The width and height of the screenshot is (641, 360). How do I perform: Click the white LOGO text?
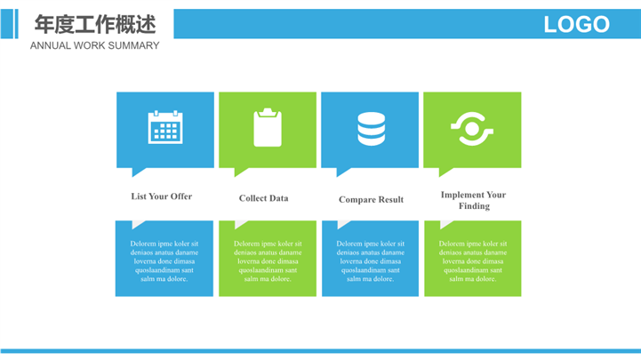coord(576,24)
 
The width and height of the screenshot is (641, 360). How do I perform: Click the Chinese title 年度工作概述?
coord(95,24)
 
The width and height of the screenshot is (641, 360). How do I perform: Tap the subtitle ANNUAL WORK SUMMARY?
coord(95,45)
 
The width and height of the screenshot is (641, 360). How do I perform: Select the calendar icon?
coord(165,127)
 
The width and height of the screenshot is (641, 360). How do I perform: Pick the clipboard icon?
coord(268,127)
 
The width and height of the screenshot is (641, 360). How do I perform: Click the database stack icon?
coord(372,129)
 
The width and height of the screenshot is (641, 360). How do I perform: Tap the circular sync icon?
coord(472,129)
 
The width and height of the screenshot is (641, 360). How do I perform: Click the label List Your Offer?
coord(162,196)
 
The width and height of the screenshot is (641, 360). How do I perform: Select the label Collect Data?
coord(264,198)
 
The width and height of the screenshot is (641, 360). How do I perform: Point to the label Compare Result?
coord(372,199)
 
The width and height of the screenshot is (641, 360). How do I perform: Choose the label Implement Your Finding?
coord(473,200)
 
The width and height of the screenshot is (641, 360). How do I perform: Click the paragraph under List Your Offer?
coord(164,261)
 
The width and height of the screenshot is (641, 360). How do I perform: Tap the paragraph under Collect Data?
coord(268,261)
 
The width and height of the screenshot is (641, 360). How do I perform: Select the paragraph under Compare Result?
coord(371,261)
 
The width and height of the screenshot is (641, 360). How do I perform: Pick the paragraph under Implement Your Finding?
coord(473,261)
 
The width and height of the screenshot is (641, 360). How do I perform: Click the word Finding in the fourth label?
coord(474,206)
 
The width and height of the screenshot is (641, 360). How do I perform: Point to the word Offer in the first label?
coord(181,196)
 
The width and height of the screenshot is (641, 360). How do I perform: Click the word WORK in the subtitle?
coord(90,45)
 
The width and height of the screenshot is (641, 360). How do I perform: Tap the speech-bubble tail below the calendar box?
coord(138,172)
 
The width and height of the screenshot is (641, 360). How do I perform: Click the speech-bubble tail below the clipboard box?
coord(240,172)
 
